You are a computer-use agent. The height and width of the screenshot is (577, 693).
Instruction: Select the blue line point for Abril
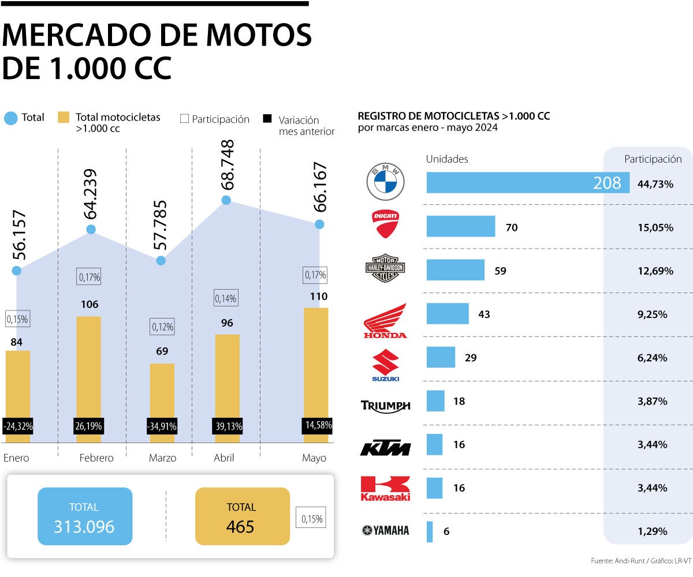[226, 200]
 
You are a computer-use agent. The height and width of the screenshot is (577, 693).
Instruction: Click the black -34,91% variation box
[162, 427]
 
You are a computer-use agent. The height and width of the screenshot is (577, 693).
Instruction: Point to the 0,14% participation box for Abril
[226, 298]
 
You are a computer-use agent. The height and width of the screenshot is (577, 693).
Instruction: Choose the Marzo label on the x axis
[162, 458]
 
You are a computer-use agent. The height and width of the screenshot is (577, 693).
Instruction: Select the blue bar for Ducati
[460, 226]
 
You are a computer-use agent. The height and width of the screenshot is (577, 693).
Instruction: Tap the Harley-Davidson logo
[385, 269]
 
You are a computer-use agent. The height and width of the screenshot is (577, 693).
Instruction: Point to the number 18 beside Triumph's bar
[459, 401]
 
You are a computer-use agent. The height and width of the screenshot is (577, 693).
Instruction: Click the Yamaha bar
[430, 531]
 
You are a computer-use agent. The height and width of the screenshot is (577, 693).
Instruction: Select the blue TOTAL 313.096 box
[85, 516]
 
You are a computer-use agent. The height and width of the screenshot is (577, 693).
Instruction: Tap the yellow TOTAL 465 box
[242, 516]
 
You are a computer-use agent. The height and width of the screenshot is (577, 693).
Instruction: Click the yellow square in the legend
[64, 118]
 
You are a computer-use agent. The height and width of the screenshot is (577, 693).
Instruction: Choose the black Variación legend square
[267, 119]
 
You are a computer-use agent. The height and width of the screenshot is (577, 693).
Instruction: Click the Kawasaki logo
[385, 488]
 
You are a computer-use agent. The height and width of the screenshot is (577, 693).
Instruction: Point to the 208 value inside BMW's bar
[607, 183]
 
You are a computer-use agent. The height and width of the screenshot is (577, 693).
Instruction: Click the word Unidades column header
[447, 159]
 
